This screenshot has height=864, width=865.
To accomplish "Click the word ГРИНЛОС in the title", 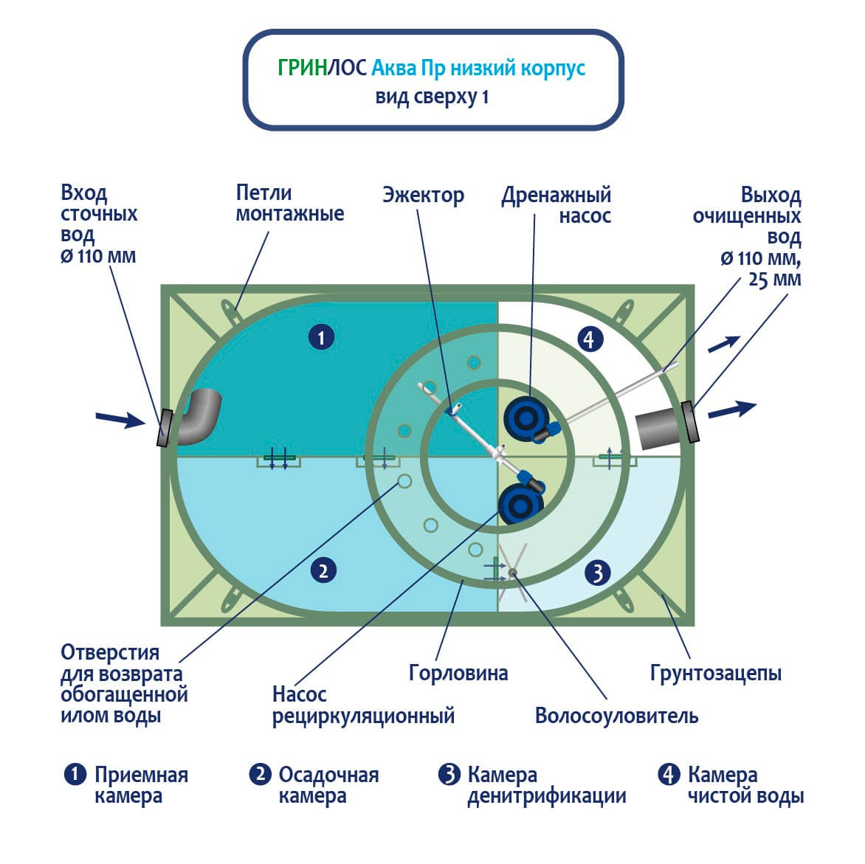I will (322, 68).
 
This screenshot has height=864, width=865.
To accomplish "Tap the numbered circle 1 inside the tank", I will (321, 338).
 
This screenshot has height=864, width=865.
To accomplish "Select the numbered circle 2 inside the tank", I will (323, 570).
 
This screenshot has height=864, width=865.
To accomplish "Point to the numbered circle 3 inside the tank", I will (598, 572).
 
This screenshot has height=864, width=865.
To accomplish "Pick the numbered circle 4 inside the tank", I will (588, 339).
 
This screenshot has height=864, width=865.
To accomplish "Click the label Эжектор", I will (423, 196).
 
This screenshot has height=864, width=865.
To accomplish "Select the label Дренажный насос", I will (556, 206).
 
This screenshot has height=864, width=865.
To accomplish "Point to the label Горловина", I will (458, 673).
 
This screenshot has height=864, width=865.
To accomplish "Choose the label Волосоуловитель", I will (616, 716).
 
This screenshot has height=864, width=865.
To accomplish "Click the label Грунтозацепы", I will (715, 673).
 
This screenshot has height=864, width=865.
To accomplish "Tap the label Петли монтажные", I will (289, 204).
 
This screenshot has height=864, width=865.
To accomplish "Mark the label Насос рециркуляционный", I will (362, 705).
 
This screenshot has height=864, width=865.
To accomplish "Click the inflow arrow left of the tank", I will (120, 420).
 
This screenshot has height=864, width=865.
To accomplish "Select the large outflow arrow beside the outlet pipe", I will (732, 409).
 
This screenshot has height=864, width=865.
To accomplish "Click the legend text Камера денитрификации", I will (546, 786).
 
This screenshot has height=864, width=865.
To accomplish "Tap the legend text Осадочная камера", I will (328, 786).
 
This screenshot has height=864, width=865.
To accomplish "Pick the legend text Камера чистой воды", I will (745, 786).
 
